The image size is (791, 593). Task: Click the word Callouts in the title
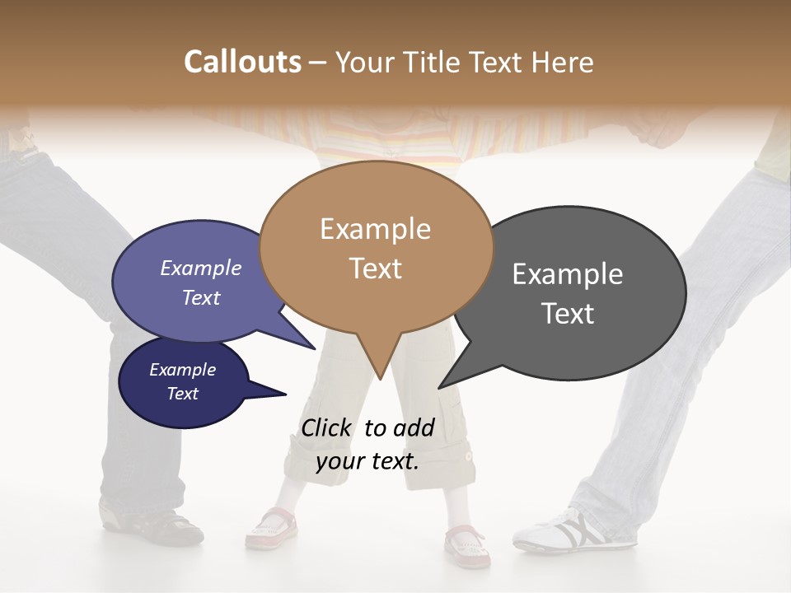pos(242,62)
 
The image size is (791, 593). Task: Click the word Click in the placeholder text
pos(327,427)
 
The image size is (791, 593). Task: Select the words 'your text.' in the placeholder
pos(367,461)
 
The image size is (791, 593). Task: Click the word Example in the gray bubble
pos(567,274)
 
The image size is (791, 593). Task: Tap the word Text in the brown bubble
pos(376,268)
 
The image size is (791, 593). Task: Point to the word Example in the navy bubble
pos(182,370)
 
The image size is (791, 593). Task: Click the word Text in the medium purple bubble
pos(201,297)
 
